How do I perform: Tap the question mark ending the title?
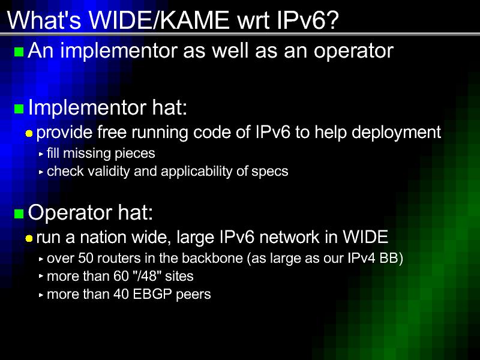(331, 20)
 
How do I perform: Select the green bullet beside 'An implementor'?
(19, 52)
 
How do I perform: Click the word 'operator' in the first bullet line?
(353, 52)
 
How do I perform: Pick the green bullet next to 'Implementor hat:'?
(19, 109)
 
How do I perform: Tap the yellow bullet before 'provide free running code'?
(29, 133)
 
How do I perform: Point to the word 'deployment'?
(397, 133)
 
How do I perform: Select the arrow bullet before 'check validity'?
(41, 172)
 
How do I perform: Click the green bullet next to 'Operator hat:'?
(19, 214)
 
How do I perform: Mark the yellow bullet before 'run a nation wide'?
(29, 238)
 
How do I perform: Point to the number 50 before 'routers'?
(85, 259)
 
